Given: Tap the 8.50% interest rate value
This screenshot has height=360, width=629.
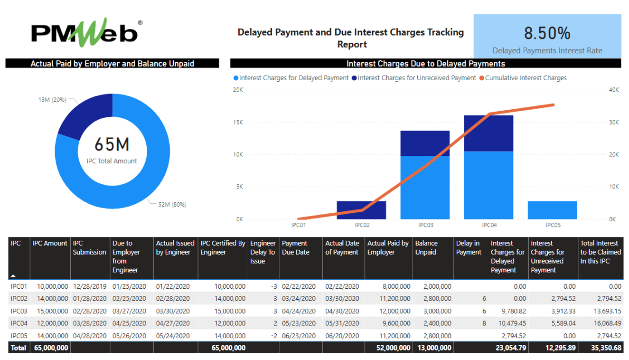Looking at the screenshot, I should pos(547,33).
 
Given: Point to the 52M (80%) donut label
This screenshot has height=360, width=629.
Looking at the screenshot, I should pos(172,205).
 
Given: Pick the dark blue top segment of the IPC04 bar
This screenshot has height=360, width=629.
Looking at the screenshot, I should pos(488,133).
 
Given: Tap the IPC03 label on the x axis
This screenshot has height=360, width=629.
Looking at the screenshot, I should pos(425,225).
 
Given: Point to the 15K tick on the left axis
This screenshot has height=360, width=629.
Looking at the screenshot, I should pos(238,123).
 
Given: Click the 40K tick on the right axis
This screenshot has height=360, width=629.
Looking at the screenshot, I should pos(613,90).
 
